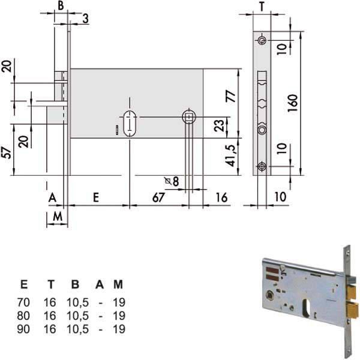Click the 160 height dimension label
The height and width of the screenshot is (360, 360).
[293, 103]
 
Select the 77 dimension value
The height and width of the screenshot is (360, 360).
[231, 96]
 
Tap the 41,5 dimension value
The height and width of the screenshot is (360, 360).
[230, 155]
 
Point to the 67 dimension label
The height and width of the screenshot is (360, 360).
[158, 197]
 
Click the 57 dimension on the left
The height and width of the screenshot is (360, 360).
[6, 153]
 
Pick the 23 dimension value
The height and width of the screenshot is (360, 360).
[219, 126]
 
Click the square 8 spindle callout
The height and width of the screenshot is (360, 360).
[172, 181]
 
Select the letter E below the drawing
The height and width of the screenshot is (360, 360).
[96, 197]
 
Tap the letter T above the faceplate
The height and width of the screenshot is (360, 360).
[262, 7]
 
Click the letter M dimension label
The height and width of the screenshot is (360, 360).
[58, 216]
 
